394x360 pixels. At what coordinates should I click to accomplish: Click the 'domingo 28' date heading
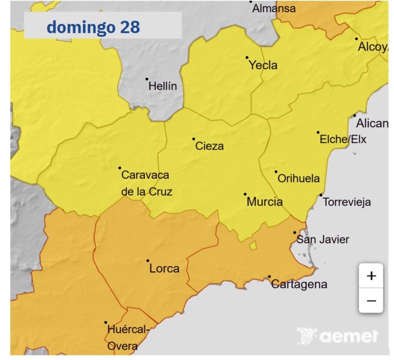coord(93,27)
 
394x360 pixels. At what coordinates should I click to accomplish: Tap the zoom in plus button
coord(371,276)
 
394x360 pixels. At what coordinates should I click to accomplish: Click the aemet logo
coord(338,336)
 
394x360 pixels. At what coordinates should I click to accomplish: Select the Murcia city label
coord(264,202)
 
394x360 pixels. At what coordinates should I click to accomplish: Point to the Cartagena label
coord(299,284)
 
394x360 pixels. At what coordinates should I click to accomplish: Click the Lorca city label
coord(164,269)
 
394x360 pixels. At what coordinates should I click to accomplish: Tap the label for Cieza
coord(210,146)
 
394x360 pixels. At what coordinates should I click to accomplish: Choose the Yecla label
coord(263,65)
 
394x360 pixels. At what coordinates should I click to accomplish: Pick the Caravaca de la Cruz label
coord(145,183)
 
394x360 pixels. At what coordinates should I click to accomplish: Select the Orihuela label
coord(298,179)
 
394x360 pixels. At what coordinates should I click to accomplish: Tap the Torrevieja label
coord(347,202)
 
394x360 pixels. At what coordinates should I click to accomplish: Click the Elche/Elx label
coord(343,139)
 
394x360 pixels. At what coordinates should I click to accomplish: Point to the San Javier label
coord(322,239)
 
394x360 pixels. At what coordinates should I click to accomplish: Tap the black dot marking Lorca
coord(148,261)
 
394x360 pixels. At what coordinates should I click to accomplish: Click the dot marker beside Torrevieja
coord(321,195)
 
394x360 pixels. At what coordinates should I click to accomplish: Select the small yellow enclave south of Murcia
coord(253,246)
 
